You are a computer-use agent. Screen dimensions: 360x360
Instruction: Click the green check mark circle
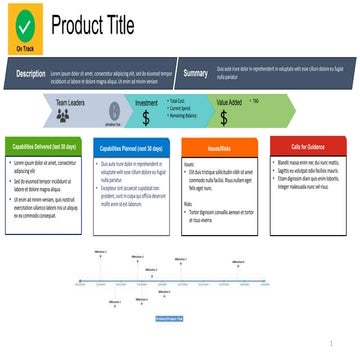[23, 21]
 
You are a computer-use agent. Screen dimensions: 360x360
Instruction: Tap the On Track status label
[23, 46]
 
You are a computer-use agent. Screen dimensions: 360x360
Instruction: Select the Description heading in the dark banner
[30, 73]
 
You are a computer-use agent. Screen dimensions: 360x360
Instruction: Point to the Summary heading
[196, 73]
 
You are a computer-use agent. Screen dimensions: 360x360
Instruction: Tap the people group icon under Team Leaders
[70, 117]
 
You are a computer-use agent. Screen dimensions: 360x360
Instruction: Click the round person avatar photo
[112, 115]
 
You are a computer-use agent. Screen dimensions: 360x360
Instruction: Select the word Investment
[146, 102]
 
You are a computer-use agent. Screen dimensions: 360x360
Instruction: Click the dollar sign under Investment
[146, 118]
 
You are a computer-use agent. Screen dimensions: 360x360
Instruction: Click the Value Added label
[229, 102]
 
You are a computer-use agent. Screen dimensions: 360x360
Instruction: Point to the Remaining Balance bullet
[184, 116]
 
